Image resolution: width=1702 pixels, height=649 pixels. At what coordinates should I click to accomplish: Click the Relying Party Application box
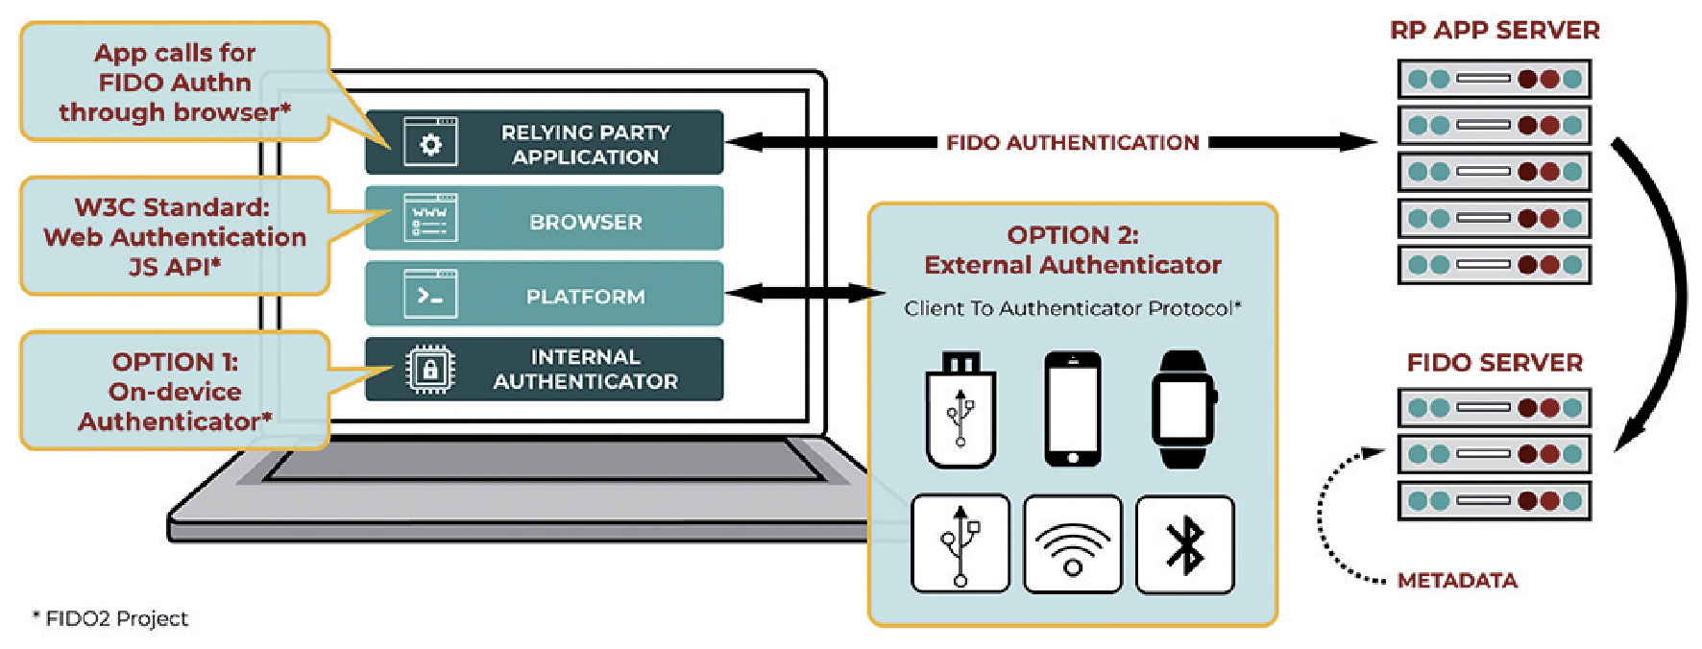(x=544, y=142)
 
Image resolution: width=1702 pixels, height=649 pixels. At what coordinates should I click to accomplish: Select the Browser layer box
(x=544, y=219)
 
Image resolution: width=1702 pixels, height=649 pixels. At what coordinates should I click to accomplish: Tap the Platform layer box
(x=544, y=294)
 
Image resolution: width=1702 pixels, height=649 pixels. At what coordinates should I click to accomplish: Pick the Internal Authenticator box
(x=544, y=369)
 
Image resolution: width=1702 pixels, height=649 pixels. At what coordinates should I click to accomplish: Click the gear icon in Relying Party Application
(x=430, y=143)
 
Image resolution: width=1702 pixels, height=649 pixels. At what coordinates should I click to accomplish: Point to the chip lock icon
(x=430, y=369)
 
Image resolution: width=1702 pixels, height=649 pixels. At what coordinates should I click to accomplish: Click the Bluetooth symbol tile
(x=1185, y=544)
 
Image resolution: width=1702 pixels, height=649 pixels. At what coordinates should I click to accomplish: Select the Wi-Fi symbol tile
(x=1073, y=544)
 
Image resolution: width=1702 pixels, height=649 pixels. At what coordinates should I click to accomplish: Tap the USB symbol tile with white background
(x=960, y=544)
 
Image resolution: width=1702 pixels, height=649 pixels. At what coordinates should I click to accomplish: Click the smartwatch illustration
(x=1184, y=409)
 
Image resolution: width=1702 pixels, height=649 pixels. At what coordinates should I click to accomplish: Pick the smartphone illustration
(x=1073, y=409)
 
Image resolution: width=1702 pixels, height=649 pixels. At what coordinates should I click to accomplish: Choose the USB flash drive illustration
(x=960, y=410)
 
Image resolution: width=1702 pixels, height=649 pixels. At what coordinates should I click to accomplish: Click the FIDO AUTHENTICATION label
(x=1072, y=142)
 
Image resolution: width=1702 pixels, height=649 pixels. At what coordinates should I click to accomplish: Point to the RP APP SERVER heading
(x=1495, y=31)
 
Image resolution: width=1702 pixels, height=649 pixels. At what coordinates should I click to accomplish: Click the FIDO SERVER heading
(x=1495, y=363)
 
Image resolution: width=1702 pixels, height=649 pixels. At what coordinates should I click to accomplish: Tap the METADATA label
(x=1457, y=581)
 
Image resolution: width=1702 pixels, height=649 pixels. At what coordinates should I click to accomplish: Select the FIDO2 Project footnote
(x=110, y=619)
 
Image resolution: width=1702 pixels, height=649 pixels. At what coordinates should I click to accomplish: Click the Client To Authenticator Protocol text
(x=1073, y=308)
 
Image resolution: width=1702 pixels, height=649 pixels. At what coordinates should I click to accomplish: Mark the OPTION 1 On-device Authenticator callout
(x=175, y=391)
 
